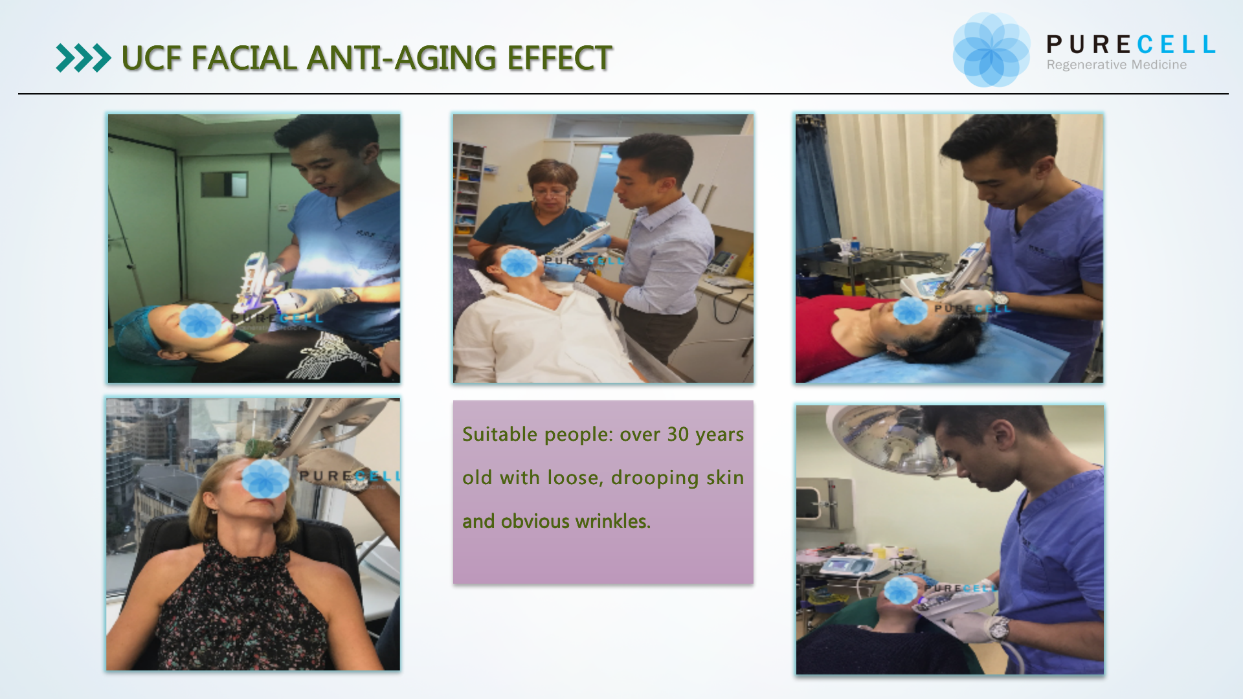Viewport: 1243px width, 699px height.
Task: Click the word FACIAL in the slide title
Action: tap(244, 58)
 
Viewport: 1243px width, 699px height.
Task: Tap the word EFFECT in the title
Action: tap(559, 58)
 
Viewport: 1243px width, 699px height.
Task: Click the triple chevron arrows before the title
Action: tap(84, 58)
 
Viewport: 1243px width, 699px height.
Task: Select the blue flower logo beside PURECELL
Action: tap(991, 50)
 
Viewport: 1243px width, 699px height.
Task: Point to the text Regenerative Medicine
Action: tap(1117, 65)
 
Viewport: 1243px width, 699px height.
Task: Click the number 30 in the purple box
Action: tap(678, 434)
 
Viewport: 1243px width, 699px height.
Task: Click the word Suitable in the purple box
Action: tap(500, 434)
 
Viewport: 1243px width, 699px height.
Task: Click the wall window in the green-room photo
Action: tap(224, 184)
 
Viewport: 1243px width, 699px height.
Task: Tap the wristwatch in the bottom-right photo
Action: tap(999, 627)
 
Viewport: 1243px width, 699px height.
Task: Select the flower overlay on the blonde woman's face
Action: tap(265, 479)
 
